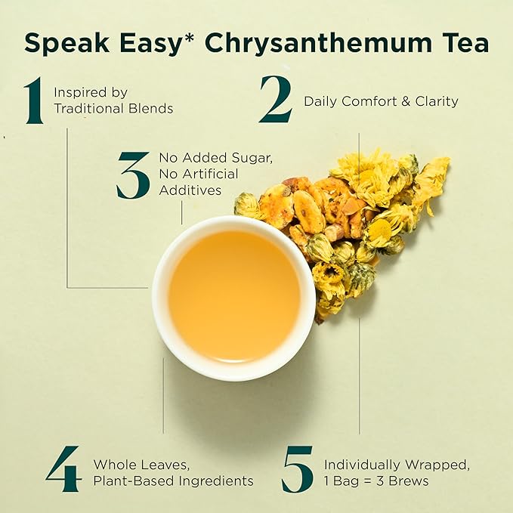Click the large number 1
point(32,100)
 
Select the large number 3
point(133,175)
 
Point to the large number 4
point(63,469)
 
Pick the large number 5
point(297,469)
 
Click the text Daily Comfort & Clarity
point(381,101)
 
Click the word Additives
point(190,190)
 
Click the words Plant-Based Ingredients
point(173,481)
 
